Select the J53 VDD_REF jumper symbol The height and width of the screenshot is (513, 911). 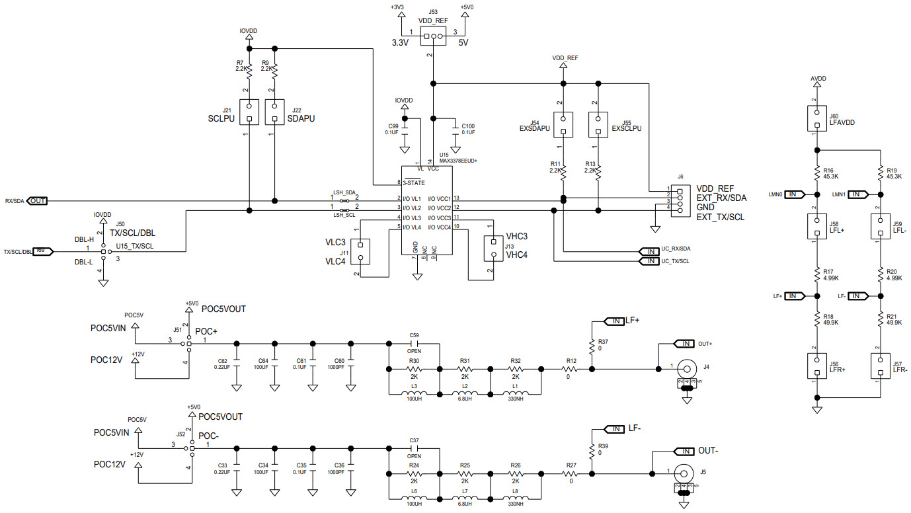(433, 37)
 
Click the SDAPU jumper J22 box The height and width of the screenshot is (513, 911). (275, 112)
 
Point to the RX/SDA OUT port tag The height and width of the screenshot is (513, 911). (37, 201)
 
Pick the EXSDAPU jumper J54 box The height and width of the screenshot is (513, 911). (563, 125)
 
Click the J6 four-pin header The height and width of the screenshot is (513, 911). (678, 198)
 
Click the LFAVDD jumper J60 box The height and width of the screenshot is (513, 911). (817, 119)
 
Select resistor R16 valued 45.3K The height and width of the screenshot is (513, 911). (817, 173)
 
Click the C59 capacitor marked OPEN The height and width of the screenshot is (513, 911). (415, 344)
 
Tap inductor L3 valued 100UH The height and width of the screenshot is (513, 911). (414, 395)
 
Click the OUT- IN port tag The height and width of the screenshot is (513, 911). (683, 452)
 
